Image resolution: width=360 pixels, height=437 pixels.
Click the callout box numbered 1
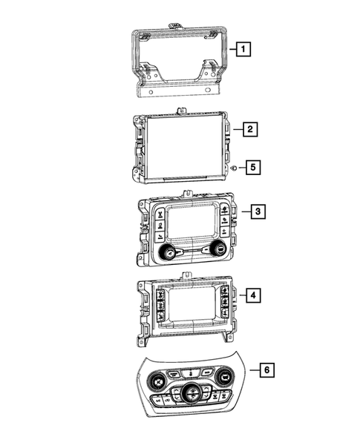[x=243, y=49]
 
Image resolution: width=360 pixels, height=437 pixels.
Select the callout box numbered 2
[x=250, y=129]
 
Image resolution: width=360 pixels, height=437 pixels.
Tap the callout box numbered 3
[x=258, y=211]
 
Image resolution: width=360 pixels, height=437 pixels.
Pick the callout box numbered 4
[x=253, y=295]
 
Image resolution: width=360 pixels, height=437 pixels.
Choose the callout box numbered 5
[x=253, y=167]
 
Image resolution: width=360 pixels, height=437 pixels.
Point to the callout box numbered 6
[x=267, y=370]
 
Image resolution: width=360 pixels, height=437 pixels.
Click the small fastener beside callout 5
[x=234, y=168]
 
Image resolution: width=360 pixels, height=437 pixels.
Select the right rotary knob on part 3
[x=219, y=248]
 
